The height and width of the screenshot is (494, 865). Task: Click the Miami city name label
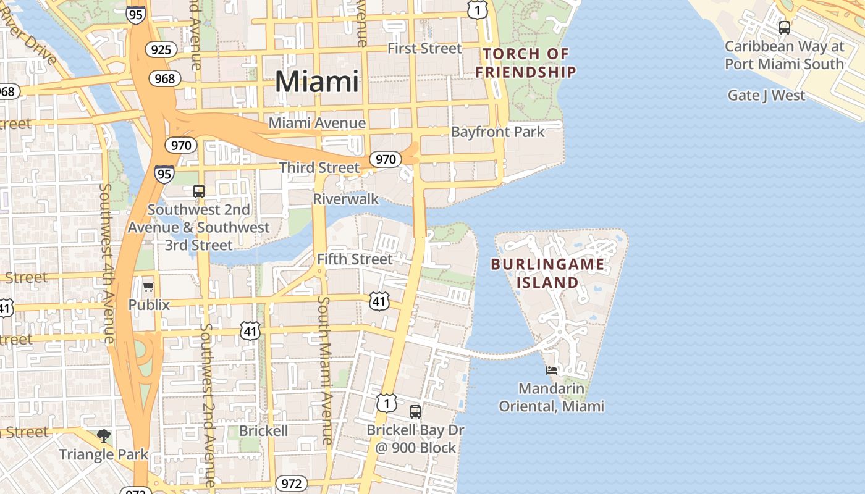[x=316, y=82]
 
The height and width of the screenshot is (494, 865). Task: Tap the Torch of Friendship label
[x=526, y=63]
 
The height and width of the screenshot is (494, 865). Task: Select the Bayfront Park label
[x=497, y=132]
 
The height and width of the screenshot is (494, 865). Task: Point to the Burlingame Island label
[x=547, y=274]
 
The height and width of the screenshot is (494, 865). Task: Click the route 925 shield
[x=161, y=49]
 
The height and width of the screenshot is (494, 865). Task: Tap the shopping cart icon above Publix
[x=148, y=287]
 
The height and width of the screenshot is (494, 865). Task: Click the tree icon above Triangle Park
[x=104, y=436]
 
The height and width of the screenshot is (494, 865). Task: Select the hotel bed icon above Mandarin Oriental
[x=552, y=371]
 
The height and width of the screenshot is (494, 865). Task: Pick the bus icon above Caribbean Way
[x=784, y=27]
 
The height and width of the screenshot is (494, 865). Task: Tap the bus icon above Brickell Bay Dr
[x=415, y=411]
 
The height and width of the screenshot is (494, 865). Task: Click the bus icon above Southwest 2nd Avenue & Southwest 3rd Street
[x=198, y=191]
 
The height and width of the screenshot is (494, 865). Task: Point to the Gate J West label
[x=766, y=95]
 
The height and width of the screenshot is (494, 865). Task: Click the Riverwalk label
[x=345, y=199]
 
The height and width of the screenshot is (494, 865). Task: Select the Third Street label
[x=319, y=167]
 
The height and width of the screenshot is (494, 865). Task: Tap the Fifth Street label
[x=354, y=259]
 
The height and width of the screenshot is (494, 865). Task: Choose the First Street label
[x=424, y=48]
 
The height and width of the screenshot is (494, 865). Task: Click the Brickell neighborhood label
[x=263, y=430]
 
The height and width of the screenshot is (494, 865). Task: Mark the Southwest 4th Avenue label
[x=107, y=263]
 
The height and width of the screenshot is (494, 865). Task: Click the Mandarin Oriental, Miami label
[x=551, y=397]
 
